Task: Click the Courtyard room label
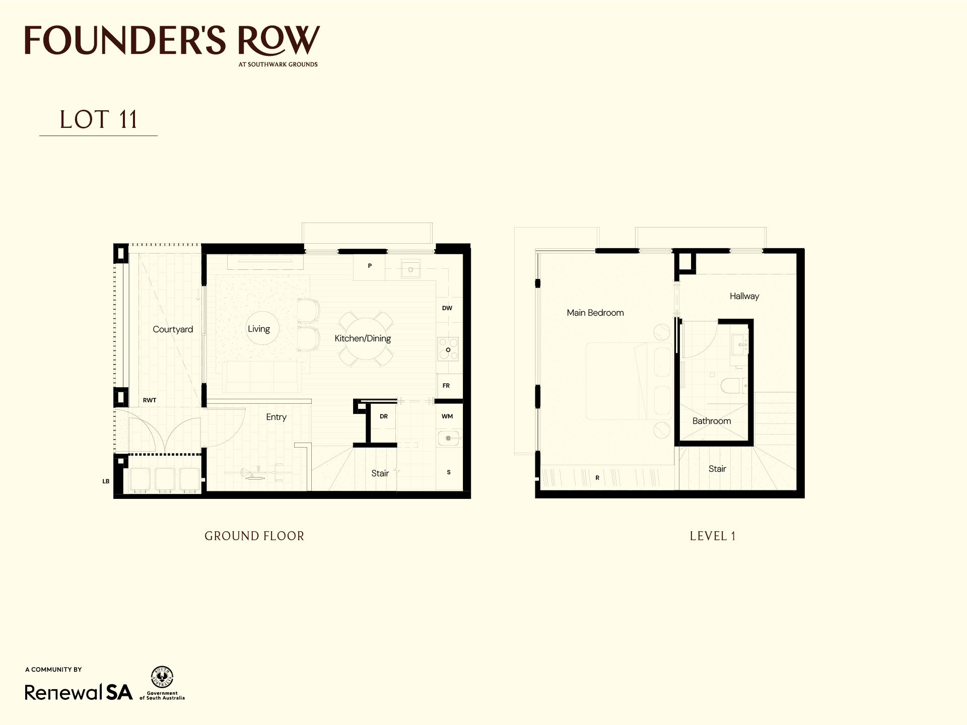click(173, 329)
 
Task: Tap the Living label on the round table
click(259, 329)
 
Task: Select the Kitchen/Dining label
click(363, 338)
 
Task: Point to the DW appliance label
click(447, 308)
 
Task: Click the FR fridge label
click(446, 386)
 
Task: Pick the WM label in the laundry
click(447, 416)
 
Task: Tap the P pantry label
click(370, 266)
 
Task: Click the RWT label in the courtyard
click(150, 400)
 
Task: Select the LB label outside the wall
click(106, 481)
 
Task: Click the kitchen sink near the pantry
click(410, 269)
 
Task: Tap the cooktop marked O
click(448, 349)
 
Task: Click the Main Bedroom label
click(595, 313)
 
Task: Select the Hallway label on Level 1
click(744, 296)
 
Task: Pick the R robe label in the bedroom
click(597, 478)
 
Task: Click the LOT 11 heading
click(99, 120)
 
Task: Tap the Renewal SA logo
click(79, 692)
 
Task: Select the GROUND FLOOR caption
click(254, 536)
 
